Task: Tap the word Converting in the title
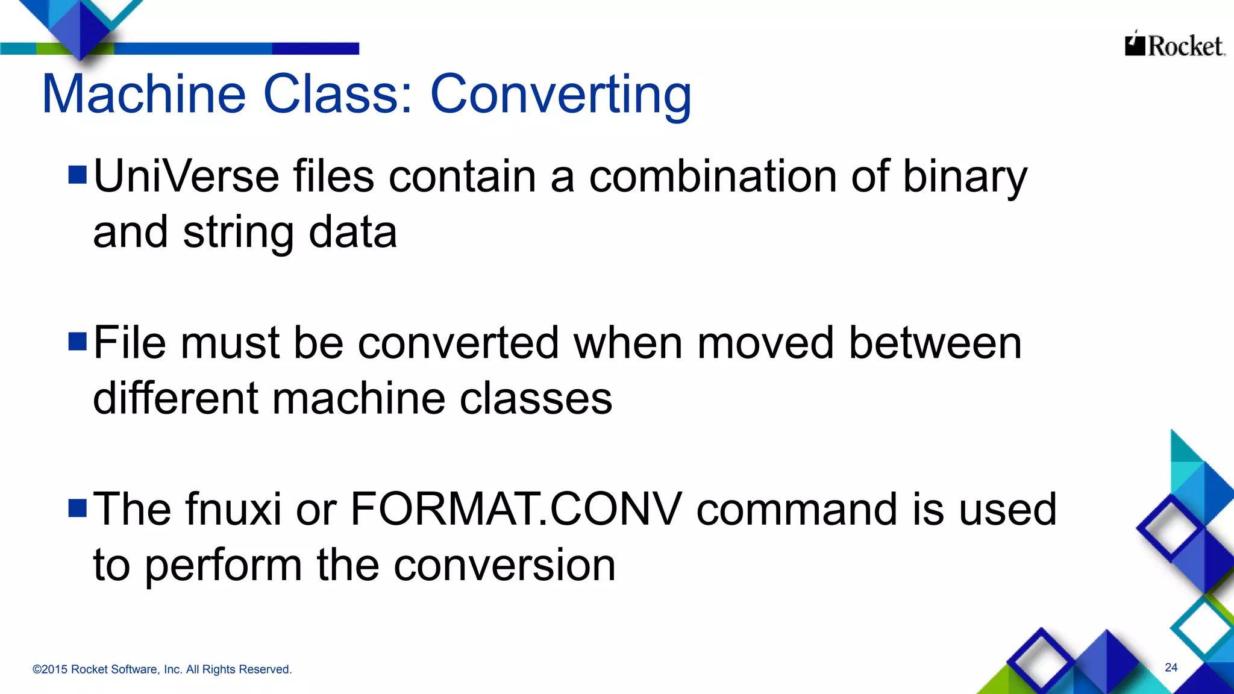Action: [x=560, y=95]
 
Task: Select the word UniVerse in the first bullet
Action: [x=186, y=177]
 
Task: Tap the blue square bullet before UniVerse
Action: [x=78, y=175]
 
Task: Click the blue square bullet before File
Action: [x=78, y=342]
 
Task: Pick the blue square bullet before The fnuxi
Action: [x=78, y=508]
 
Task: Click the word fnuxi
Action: [x=233, y=510]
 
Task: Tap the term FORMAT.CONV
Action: [x=516, y=510]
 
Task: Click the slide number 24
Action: [x=1171, y=667]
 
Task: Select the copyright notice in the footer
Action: [x=162, y=669]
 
